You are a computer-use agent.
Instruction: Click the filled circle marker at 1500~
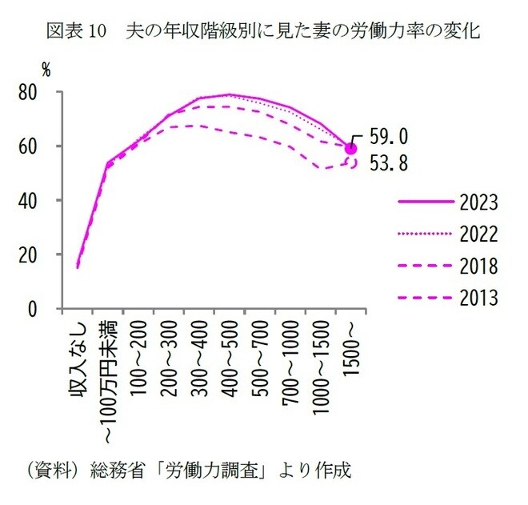[351, 147]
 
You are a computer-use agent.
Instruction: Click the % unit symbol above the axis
[46, 70]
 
